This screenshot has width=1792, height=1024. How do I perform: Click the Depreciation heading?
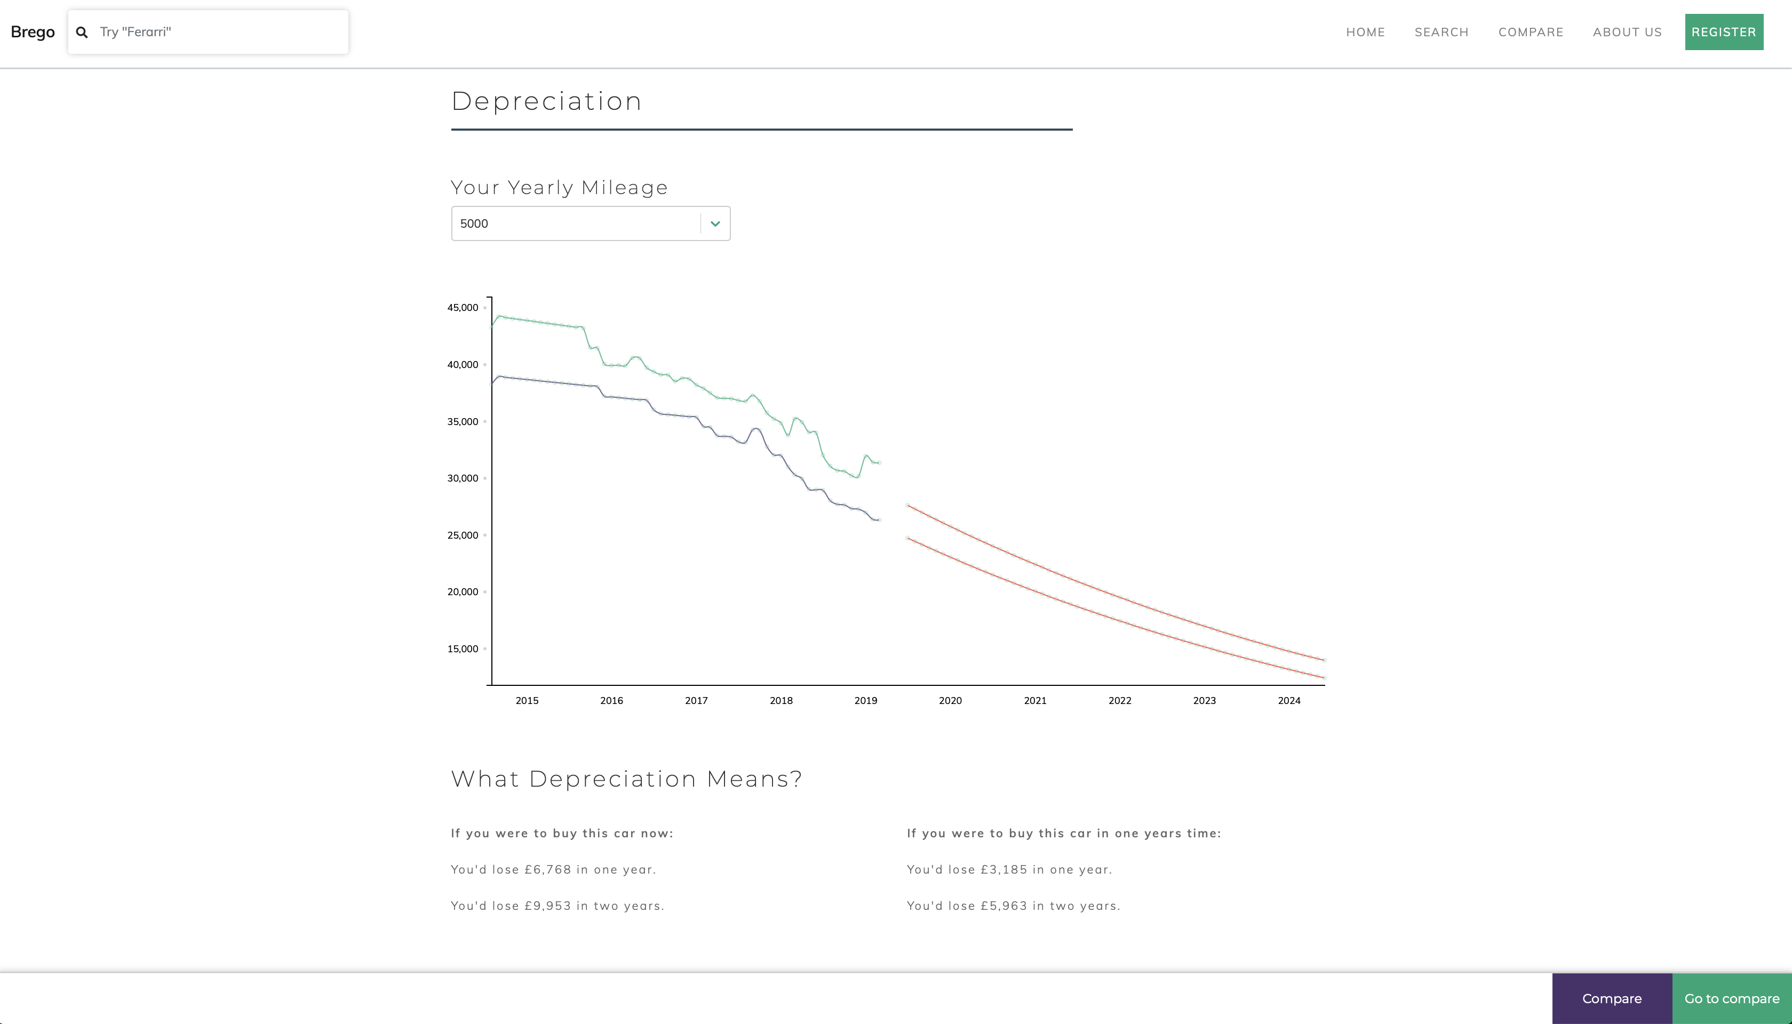tap(546, 101)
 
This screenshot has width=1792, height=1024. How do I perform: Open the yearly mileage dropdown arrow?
tap(715, 223)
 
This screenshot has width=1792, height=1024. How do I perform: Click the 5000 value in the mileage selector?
tap(474, 223)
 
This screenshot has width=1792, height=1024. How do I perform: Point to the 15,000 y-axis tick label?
tap(462, 649)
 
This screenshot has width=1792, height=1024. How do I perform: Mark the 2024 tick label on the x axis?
tap(1288, 700)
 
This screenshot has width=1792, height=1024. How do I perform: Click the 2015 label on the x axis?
tap(527, 700)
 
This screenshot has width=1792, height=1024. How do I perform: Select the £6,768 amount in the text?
tap(548, 870)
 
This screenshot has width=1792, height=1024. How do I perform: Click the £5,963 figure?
tap(1003, 906)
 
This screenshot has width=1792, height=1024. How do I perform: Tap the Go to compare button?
tap(1732, 999)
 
